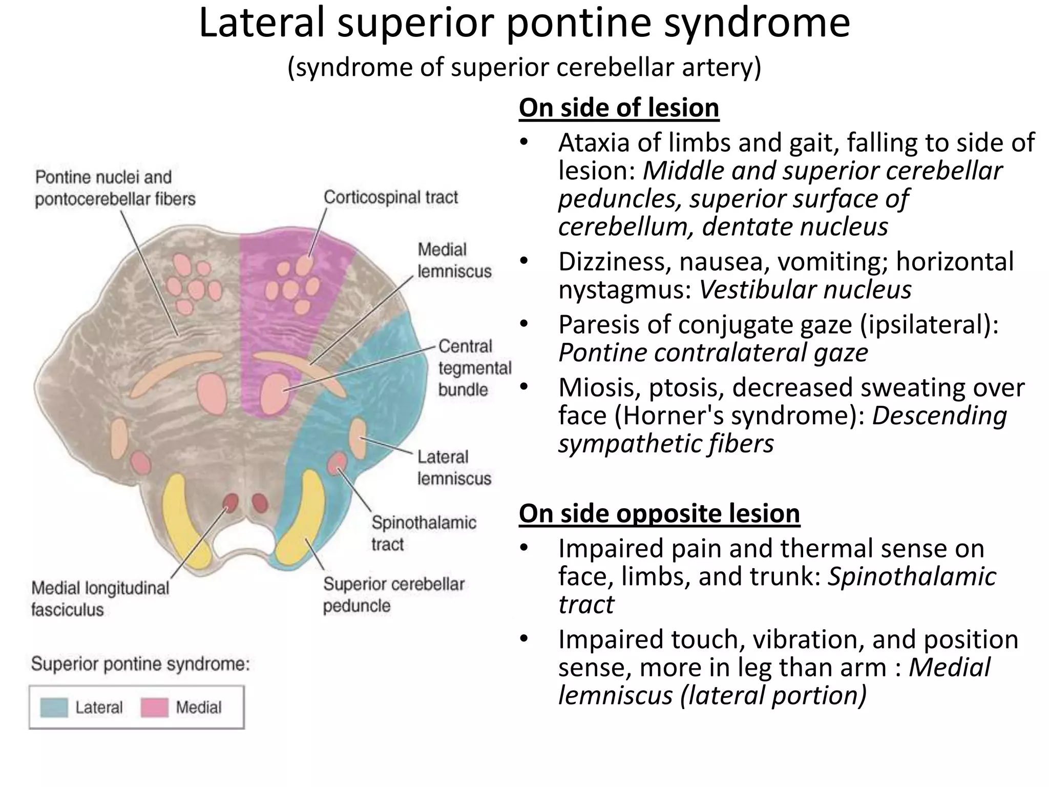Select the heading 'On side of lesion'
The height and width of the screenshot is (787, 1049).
click(x=619, y=108)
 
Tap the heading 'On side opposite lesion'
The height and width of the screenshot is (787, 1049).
click(x=659, y=513)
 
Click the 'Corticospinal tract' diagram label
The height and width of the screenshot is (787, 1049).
click(x=391, y=197)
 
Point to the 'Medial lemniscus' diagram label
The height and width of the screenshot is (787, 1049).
click(x=454, y=260)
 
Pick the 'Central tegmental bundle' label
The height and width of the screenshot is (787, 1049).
click(x=474, y=368)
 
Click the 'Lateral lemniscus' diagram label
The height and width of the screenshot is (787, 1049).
click(x=454, y=467)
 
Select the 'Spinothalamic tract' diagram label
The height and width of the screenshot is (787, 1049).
click(x=424, y=533)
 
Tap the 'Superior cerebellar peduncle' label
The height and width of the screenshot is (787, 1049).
click(x=393, y=594)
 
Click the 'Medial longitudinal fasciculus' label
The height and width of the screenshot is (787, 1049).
click(x=100, y=598)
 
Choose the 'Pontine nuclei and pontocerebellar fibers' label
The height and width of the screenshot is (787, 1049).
click(x=115, y=188)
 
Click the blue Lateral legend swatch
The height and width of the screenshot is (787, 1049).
click(x=54, y=708)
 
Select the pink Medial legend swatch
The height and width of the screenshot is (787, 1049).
click(x=154, y=708)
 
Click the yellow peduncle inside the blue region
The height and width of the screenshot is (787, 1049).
click(x=302, y=523)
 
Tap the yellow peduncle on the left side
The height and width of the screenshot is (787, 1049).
click(x=185, y=523)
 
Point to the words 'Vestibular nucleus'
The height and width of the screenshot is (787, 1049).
click(x=805, y=289)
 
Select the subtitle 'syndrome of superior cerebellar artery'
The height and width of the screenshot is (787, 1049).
click(x=524, y=67)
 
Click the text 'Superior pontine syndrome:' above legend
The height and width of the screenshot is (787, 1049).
click(x=140, y=665)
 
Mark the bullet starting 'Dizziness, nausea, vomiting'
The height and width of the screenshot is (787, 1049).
click(x=786, y=262)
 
